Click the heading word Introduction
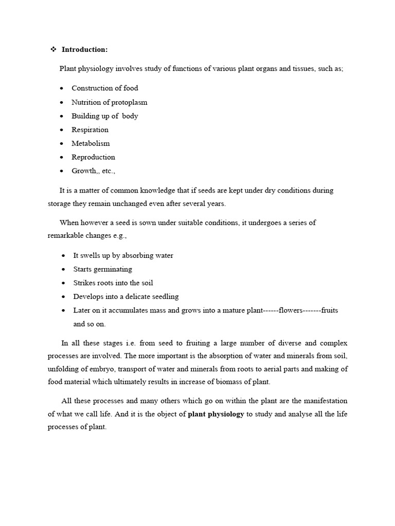[84, 50]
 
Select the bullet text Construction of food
[105, 88]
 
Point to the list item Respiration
[90, 130]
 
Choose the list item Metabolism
[91, 143]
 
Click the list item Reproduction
[93, 157]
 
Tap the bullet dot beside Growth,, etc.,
[62, 171]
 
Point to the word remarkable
[66, 236]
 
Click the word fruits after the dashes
[330, 311]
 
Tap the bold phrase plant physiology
[216, 414]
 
